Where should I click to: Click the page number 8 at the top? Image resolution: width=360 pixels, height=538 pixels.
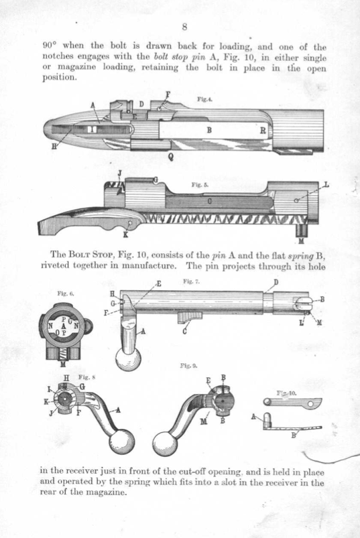[x=184, y=27]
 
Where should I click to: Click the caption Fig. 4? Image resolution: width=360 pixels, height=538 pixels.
[x=205, y=99]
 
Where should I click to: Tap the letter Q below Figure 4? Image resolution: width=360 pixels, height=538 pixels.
[x=170, y=157]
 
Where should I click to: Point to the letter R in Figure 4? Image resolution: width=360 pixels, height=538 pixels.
[x=263, y=131]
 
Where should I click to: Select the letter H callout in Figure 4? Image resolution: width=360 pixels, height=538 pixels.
[x=54, y=147]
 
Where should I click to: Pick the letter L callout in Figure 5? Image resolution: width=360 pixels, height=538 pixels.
[x=326, y=185]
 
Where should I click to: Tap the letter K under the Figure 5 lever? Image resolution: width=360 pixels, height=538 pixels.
[x=125, y=235]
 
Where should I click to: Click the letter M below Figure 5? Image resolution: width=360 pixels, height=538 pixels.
[x=301, y=241]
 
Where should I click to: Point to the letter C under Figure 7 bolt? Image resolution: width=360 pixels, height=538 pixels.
[x=184, y=332]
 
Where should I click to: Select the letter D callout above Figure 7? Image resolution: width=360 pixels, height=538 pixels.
[x=276, y=282]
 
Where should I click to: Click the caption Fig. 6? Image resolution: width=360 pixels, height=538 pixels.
[x=65, y=293]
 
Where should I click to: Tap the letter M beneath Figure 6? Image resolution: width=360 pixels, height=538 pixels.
[x=63, y=364]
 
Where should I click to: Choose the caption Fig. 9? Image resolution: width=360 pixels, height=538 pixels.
[x=189, y=366]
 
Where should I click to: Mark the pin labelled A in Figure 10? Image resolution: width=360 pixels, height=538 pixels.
[x=267, y=420]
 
